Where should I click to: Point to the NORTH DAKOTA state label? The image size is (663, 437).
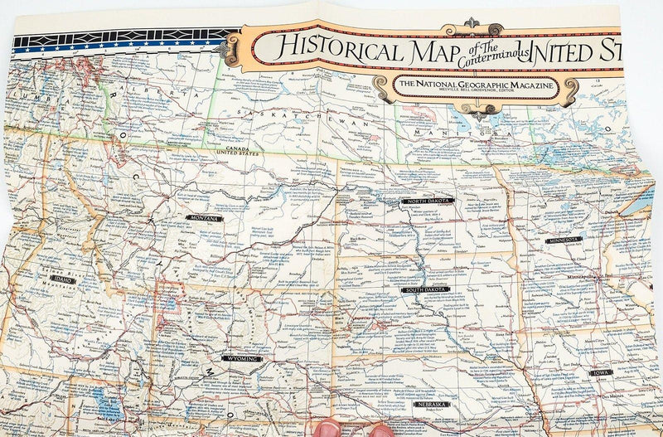pos(425,201)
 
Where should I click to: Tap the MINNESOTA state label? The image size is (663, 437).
pos(564,239)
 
